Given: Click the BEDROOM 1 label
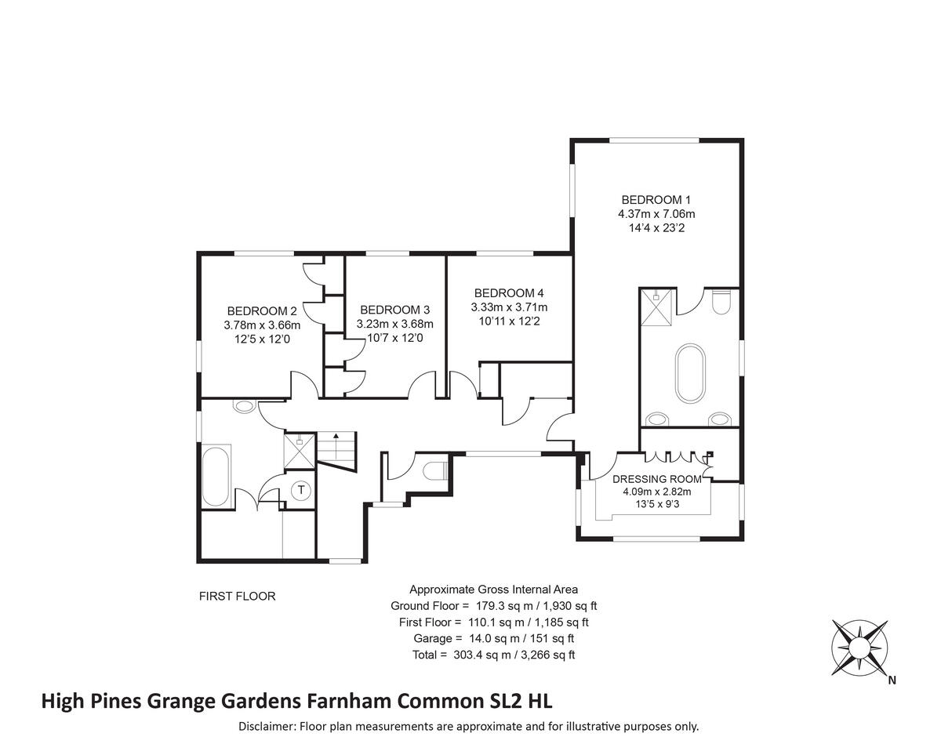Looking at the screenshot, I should tap(656, 200).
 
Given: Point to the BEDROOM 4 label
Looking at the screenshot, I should tap(509, 293).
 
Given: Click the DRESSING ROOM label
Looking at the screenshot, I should tap(651, 479).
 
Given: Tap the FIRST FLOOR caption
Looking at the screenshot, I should tap(238, 597).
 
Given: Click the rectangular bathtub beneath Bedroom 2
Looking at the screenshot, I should tap(216, 476).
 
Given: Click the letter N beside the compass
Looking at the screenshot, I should tap(892, 681).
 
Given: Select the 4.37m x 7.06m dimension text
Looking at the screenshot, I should tap(656, 214).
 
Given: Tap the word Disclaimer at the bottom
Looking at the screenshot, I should tap(267, 727).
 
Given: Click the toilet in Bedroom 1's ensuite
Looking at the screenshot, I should tap(721, 301).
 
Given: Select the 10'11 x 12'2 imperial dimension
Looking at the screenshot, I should tap(509, 321).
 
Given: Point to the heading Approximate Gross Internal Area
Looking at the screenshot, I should tap(494, 590).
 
